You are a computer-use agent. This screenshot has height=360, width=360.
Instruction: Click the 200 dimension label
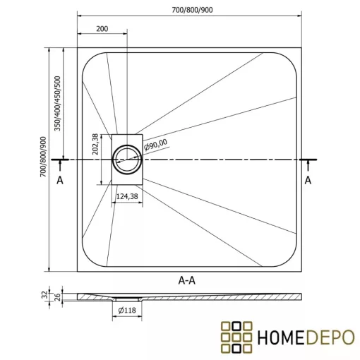pos(102,28)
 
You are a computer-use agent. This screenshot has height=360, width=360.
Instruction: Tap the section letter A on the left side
pos(61,180)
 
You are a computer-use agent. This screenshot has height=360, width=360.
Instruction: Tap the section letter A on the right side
pos(308,180)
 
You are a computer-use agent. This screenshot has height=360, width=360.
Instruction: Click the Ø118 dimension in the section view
pos(128,310)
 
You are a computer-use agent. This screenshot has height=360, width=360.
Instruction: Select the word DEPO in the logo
pos(327,337)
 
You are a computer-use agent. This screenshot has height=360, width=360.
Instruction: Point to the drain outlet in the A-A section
pos(128,299)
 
